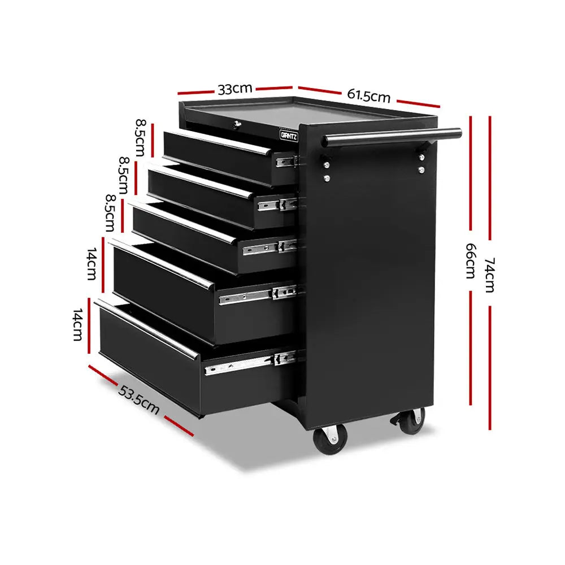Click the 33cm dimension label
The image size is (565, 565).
pos(234,89)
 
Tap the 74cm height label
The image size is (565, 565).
pos(489,275)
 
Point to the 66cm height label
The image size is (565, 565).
pos(470,261)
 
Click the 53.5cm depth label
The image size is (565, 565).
pos(138,399)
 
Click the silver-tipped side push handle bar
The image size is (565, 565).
pos(392,137)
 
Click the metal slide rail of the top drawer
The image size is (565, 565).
pos(286,162)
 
